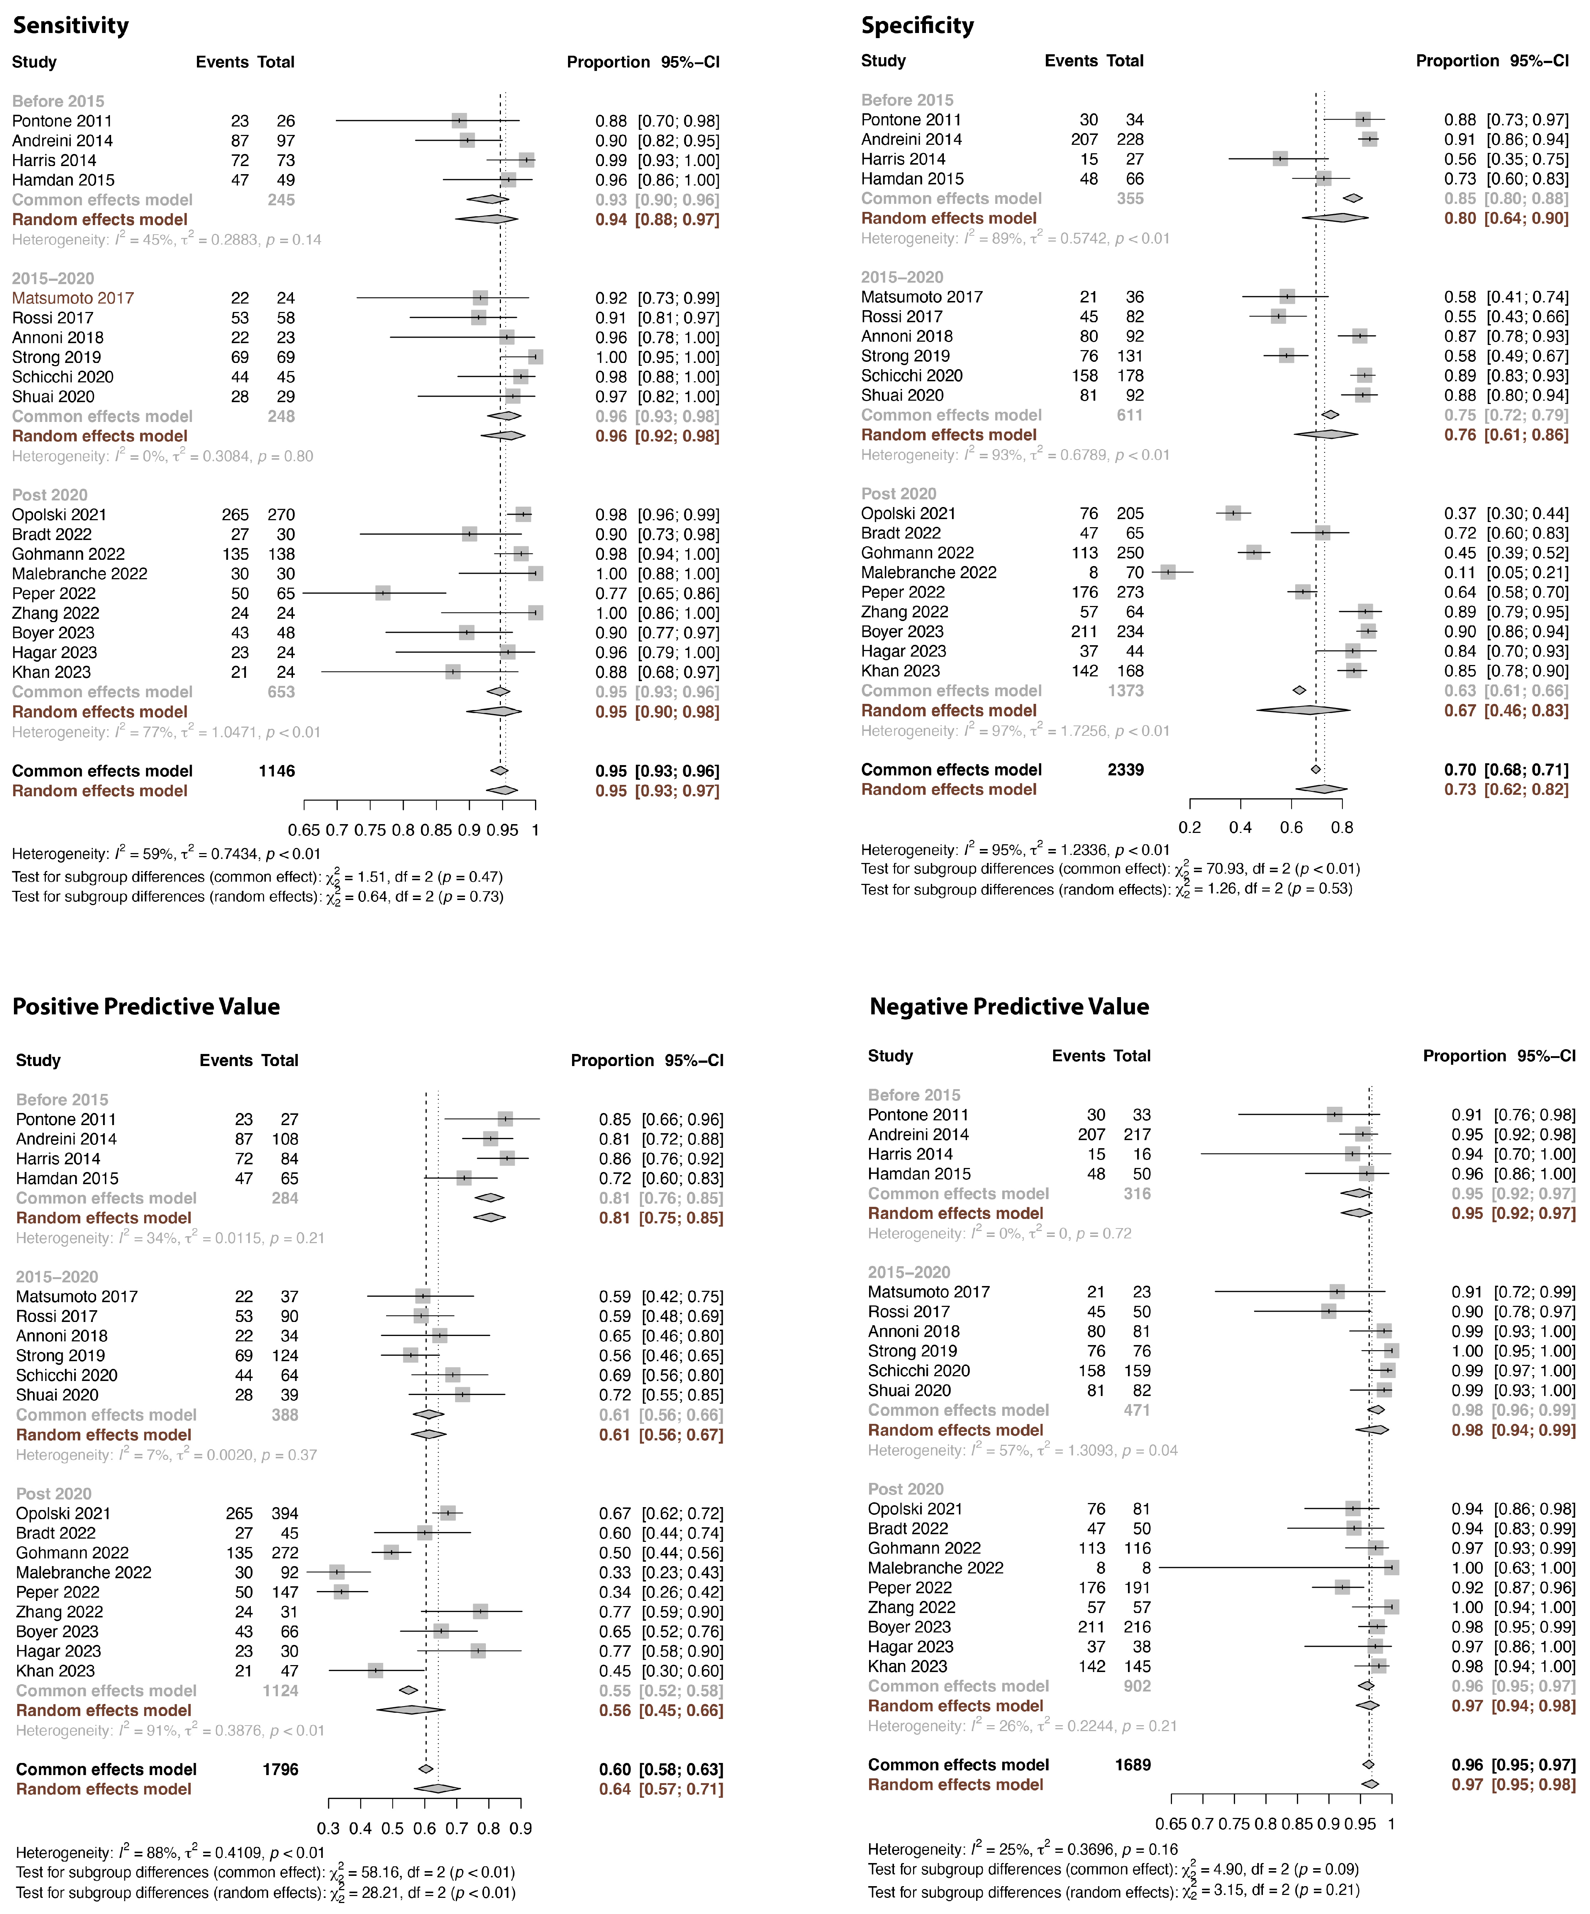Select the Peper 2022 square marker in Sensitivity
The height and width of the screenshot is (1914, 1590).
tap(383, 594)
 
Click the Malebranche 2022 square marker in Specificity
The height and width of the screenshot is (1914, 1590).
tap(1168, 572)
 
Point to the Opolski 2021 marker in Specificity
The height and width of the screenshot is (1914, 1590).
tap(1234, 513)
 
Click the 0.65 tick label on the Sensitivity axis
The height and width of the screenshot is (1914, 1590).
tap(304, 830)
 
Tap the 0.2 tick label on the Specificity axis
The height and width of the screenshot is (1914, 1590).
tap(1190, 827)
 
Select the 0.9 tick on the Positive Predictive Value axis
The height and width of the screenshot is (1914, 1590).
tap(521, 1828)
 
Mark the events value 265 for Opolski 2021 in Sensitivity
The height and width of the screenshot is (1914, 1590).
tap(235, 515)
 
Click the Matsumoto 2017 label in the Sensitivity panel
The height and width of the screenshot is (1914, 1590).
tap(73, 298)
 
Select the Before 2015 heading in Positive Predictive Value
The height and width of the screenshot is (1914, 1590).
tap(62, 1100)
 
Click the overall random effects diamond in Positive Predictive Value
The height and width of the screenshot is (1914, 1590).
tap(437, 1789)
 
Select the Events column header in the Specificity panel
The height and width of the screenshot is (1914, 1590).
tap(1071, 61)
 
